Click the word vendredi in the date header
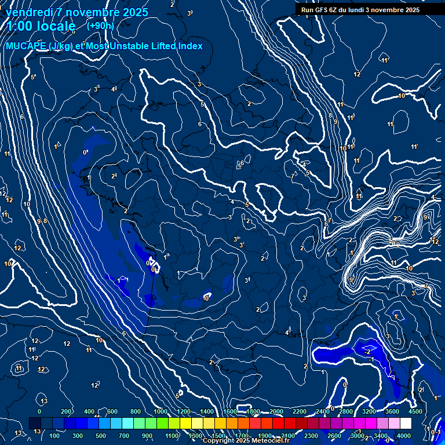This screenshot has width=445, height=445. [x=30, y=12]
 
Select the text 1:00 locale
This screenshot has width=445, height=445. [x=41, y=26]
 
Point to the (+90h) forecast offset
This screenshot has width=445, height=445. [x=100, y=25]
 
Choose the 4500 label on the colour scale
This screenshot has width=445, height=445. [x=415, y=411]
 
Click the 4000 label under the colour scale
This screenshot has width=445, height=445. [x=404, y=436]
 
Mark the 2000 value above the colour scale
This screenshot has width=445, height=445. [x=276, y=411]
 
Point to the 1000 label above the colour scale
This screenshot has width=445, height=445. [x=160, y=411]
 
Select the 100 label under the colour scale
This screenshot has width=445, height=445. [x=54, y=436]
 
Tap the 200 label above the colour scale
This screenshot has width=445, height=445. [x=65, y=411]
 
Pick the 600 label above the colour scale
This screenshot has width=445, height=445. [x=112, y=411]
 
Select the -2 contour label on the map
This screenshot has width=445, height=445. [x=367, y=352]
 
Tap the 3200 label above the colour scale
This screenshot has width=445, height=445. [x=369, y=411]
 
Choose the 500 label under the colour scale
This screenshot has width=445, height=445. [x=101, y=436]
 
